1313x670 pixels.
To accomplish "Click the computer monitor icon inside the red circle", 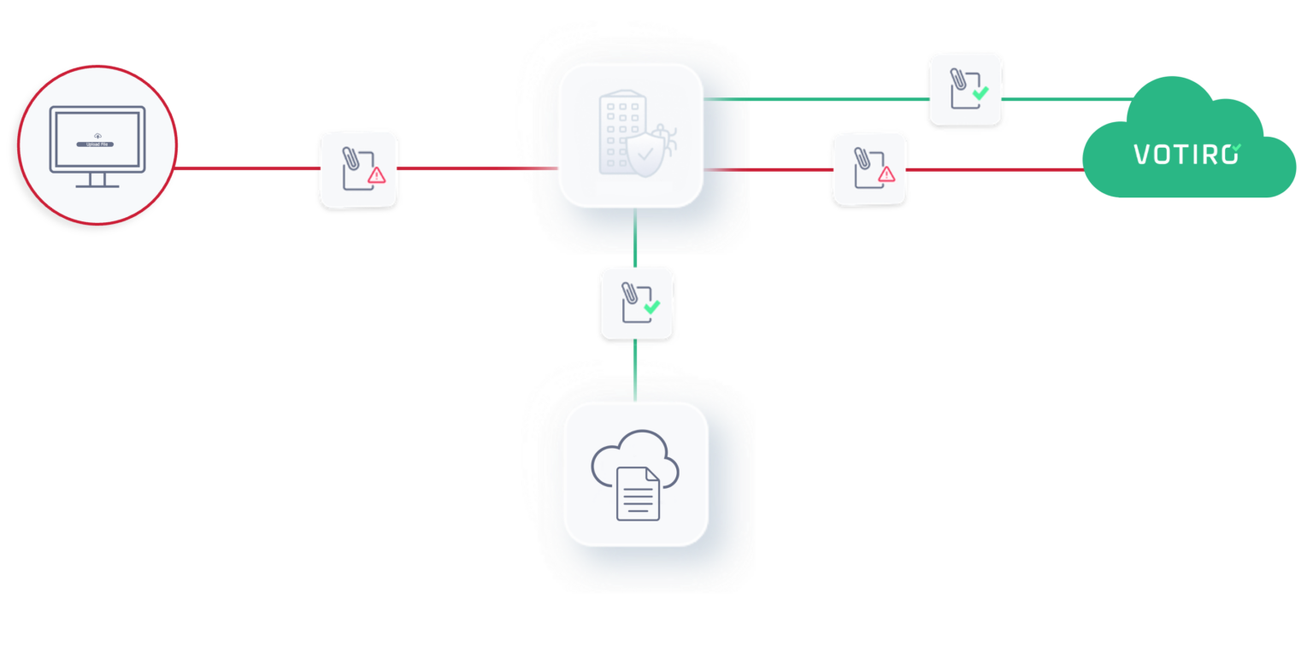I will [x=97, y=146].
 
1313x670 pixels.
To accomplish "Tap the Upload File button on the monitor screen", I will [x=97, y=144].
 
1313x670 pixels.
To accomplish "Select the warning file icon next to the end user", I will [x=358, y=168].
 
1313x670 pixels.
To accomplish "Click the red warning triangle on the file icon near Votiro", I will [x=886, y=174].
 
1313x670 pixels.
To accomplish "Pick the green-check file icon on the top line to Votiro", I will [x=966, y=91].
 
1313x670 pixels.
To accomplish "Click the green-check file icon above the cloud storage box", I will [x=637, y=303].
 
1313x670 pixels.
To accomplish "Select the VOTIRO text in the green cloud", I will [x=1186, y=154].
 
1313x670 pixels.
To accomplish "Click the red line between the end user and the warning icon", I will [x=248, y=167].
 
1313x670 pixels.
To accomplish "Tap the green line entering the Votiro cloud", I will [x=1069, y=99].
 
